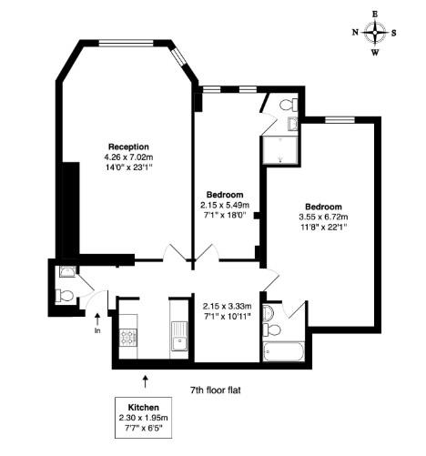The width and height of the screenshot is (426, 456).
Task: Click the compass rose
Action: click(375, 33)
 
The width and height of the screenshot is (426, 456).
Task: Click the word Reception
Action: click(128, 147)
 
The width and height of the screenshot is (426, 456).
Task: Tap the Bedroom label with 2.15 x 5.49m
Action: click(224, 195)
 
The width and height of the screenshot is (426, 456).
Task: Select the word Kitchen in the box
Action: click(144, 407)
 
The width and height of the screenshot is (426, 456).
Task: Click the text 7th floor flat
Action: click(215, 390)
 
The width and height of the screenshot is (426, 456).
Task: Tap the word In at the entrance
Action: click(97, 330)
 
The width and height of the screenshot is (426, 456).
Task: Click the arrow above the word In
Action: click(97, 318)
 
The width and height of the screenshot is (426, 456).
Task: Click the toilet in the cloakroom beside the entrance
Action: click(66, 295)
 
